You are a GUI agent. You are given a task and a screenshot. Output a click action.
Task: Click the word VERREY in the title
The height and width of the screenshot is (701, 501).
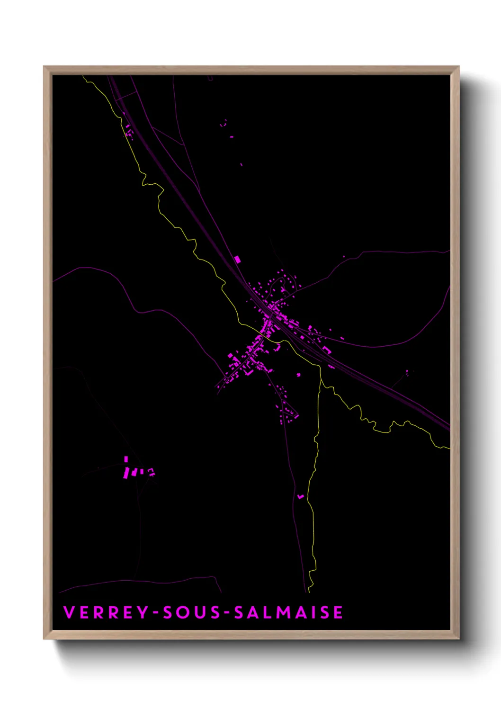click(106, 612)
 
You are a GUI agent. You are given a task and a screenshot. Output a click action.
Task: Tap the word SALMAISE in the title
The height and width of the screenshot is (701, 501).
click(288, 612)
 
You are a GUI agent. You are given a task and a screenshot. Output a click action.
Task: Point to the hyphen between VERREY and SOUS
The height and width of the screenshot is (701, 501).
click(155, 613)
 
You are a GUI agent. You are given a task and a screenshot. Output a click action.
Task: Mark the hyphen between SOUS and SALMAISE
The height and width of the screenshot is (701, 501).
click(226, 613)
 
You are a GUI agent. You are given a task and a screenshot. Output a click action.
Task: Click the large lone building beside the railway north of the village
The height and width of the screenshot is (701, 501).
click(237, 259)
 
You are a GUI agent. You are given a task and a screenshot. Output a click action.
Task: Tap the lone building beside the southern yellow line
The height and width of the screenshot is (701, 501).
click(300, 496)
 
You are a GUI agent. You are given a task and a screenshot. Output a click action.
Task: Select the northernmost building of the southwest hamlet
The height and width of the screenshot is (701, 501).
click(126, 459)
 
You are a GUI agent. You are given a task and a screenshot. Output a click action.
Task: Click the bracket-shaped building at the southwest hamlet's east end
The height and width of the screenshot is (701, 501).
click(151, 471)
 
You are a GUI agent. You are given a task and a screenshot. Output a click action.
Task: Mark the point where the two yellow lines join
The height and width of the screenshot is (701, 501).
click(321, 379)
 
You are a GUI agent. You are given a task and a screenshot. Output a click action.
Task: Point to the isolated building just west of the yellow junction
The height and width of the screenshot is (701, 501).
click(298, 375)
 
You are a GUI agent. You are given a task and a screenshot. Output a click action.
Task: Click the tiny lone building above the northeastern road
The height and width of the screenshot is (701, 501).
click(344, 257)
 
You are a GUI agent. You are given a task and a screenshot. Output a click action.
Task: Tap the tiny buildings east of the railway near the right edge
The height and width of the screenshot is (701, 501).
click(407, 372)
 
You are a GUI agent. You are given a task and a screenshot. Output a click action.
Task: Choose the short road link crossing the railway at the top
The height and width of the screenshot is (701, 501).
click(125, 97)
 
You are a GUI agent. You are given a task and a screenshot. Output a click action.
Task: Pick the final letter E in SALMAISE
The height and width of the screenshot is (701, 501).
click(338, 612)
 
